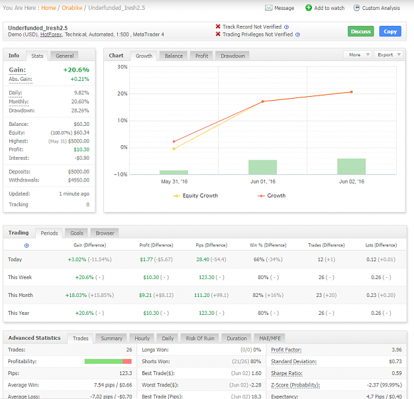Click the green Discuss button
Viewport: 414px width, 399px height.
(x=360, y=31)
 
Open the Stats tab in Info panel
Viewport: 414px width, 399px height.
(x=37, y=56)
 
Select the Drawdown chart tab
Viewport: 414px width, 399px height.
(x=233, y=56)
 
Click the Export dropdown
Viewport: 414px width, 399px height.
(x=389, y=55)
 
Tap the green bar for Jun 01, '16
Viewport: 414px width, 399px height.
(x=262, y=167)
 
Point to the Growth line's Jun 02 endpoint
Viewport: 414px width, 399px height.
(x=352, y=92)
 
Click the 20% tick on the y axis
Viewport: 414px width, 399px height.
(x=123, y=93)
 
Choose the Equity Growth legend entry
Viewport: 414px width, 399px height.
(x=195, y=196)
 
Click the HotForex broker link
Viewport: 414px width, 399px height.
(x=51, y=34)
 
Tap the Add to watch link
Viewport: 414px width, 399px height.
(x=325, y=8)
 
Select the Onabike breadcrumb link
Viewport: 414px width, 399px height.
(x=72, y=8)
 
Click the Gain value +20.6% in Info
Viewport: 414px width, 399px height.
(x=76, y=70)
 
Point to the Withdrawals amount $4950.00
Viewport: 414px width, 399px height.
(x=79, y=180)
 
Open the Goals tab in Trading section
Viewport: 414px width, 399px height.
(x=77, y=233)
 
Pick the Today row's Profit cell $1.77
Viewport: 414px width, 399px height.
(x=146, y=259)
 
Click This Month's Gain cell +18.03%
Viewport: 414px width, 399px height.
(x=76, y=295)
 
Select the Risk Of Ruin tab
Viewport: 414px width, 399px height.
(x=200, y=338)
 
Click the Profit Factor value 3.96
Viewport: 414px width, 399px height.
(x=397, y=349)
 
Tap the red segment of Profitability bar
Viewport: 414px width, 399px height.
(x=127, y=361)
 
